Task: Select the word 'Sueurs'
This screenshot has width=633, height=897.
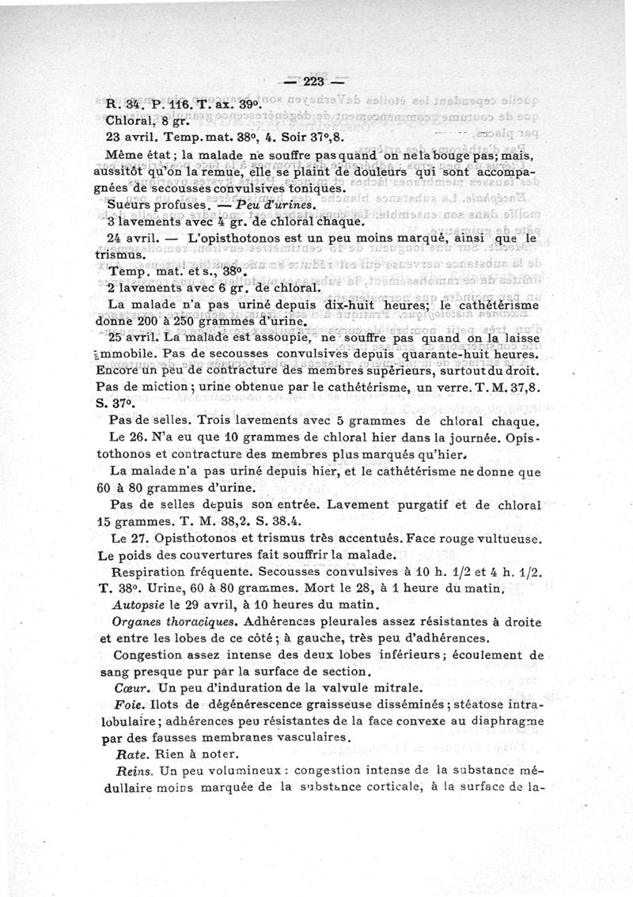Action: click(x=127, y=206)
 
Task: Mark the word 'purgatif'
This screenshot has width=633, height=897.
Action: click(x=424, y=503)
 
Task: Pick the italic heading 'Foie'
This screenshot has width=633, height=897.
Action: click(x=127, y=706)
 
